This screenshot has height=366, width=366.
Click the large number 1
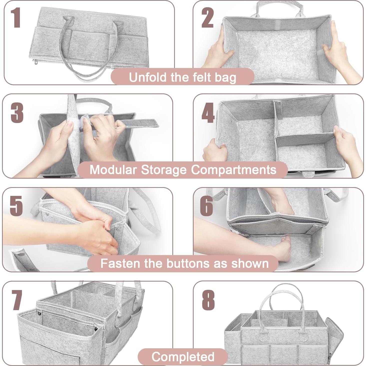(x=16, y=18)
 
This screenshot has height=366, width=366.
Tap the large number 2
(x=207, y=18)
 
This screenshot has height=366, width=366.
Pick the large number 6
(x=207, y=206)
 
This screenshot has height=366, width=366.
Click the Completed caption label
(x=183, y=357)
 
